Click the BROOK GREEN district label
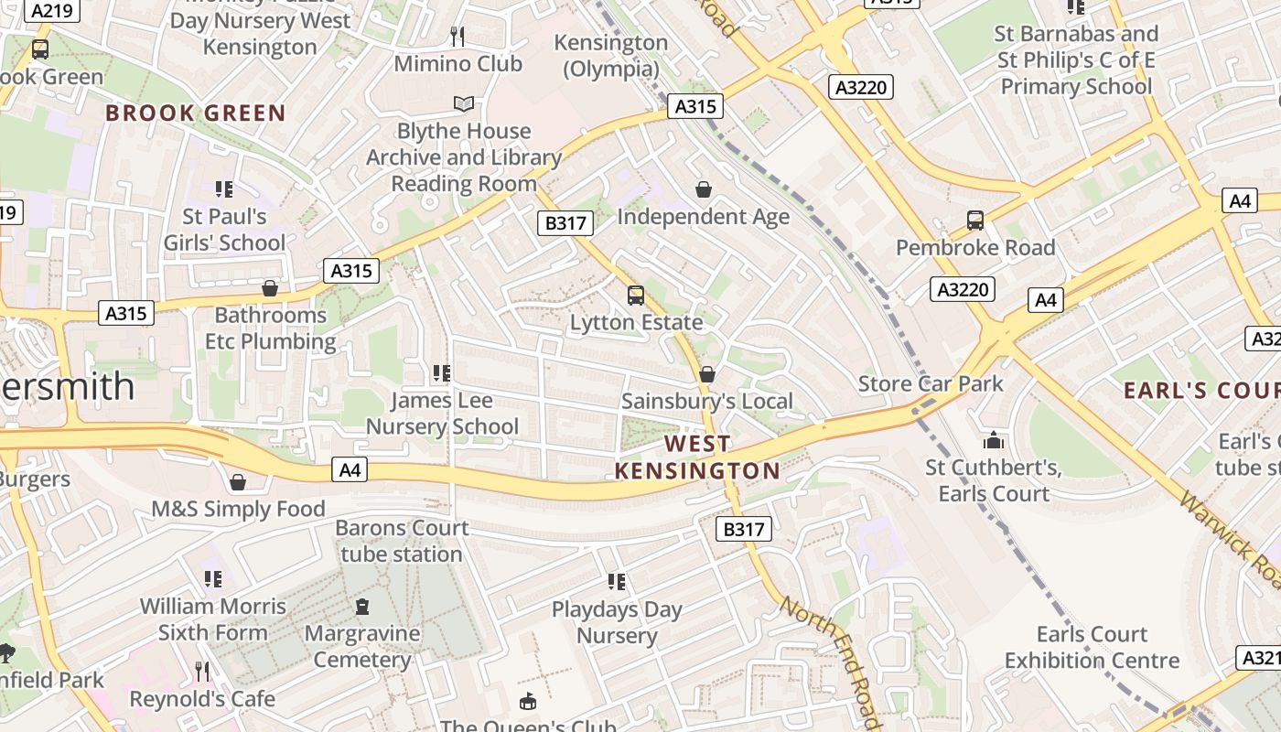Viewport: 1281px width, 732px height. coord(196,113)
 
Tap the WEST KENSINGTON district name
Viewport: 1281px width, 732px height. coord(697,457)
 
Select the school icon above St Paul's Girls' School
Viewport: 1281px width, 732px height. coord(224,189)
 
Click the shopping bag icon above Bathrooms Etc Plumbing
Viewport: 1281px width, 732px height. coord(270,289)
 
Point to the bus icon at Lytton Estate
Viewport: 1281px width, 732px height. coord(636,296)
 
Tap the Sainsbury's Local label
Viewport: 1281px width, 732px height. coord(707,401)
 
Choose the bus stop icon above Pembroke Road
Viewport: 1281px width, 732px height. coord(975,221)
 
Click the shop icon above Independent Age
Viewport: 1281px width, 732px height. coord(704,189)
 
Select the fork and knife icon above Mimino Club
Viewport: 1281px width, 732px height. coord(458,37)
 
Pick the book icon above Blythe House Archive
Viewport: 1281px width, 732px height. coord(464,104)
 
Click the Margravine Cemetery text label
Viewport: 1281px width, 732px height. coord(362,646)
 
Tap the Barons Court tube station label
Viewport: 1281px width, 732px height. coord(402,541)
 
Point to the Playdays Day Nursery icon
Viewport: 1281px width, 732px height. coord(617,582)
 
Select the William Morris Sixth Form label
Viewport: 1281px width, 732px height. coord(213,619)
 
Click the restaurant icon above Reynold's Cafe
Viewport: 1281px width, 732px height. coord(202,672)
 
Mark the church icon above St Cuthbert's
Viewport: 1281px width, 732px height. coord(994,441)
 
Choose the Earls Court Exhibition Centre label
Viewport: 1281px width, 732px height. coord(1092,647)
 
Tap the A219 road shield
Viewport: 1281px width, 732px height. coord(52,10)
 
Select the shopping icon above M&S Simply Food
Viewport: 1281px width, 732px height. coord(238,482)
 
